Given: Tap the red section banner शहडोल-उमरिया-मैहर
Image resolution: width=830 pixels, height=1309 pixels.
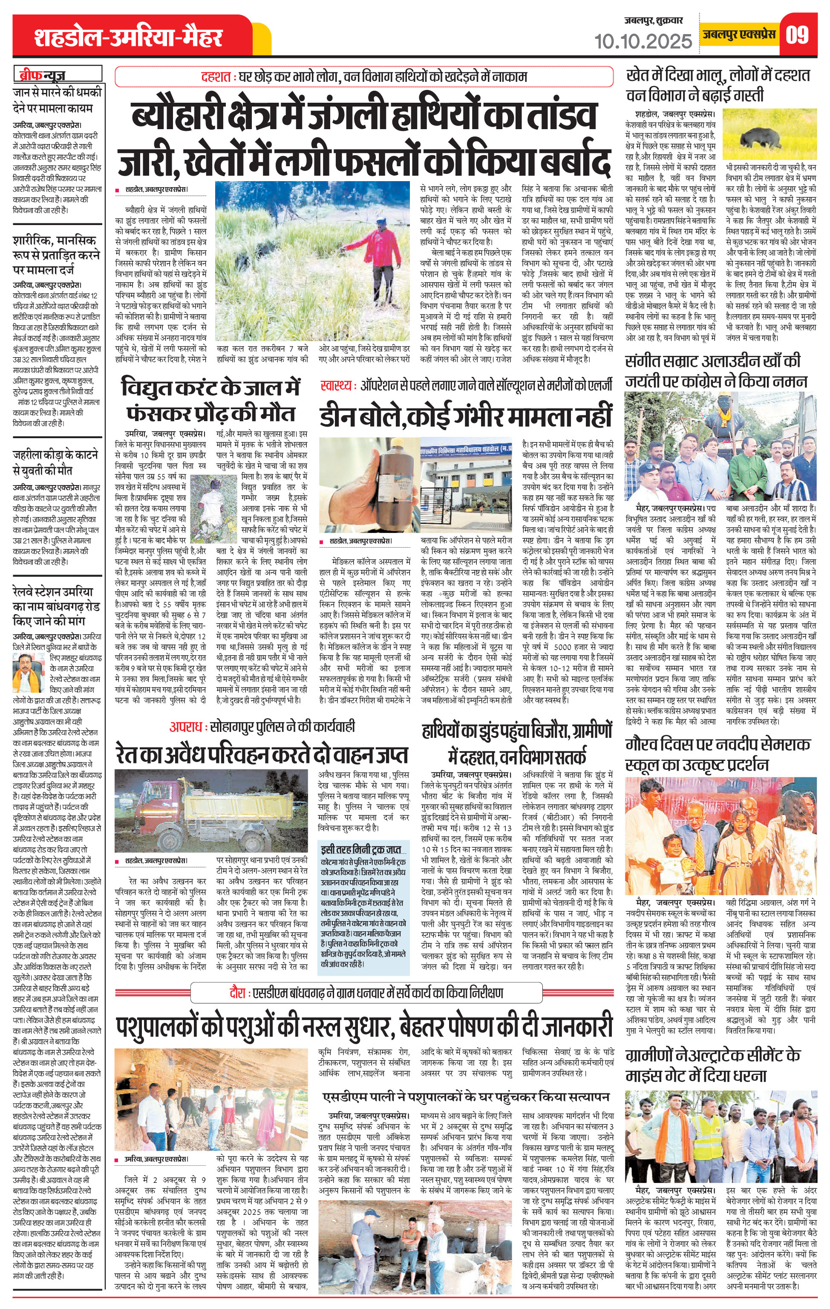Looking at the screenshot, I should coord(128,38).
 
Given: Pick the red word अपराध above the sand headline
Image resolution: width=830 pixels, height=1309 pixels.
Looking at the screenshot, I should coord(187,726).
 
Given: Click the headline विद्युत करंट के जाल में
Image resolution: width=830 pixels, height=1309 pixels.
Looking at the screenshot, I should coord(210,388).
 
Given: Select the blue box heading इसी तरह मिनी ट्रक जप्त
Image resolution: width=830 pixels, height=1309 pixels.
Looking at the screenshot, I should coord(361,849).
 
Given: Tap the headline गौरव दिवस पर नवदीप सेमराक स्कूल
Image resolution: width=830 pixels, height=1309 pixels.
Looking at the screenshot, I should coord(718,754).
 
